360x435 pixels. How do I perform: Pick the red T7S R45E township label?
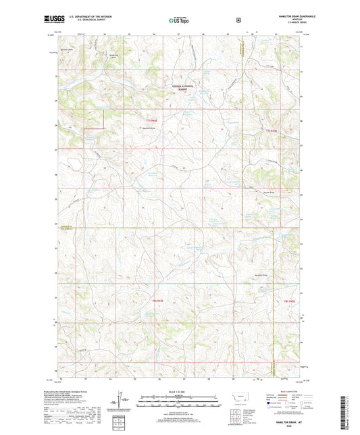[272, 130]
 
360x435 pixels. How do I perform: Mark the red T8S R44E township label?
[158, 300]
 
